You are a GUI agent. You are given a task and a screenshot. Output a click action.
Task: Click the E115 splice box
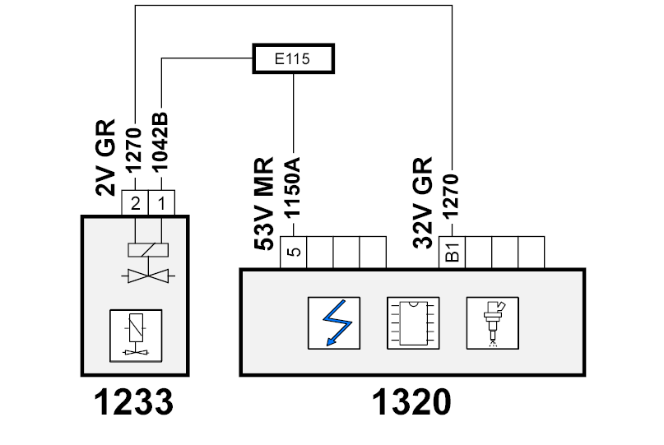293,58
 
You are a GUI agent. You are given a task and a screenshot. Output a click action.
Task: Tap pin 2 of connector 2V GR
135,203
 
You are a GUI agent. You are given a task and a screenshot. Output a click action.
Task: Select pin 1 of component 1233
161,203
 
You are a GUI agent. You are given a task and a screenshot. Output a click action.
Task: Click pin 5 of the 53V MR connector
294,252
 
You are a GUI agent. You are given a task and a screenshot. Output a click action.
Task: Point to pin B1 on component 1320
452,252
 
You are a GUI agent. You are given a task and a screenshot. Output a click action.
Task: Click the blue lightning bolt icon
334,323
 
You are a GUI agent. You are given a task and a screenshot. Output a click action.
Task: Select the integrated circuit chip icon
413,323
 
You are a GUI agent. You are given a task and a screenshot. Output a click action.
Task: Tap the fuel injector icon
493,323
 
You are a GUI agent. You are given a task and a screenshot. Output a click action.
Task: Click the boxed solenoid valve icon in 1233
136,336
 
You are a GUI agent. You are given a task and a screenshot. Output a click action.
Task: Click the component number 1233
133,402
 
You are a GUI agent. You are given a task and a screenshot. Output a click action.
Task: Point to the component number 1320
411,402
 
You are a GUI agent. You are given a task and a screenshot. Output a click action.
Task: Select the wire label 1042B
160,142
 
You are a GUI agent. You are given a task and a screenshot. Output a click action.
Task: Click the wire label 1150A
292,188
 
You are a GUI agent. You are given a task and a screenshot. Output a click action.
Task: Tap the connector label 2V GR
105,157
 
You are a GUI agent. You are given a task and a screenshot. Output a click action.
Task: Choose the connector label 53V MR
264,204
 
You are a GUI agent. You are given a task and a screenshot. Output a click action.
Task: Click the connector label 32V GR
423,203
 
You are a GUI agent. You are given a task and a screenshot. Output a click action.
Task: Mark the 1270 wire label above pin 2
134,150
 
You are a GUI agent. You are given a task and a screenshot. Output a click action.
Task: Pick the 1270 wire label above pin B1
451,197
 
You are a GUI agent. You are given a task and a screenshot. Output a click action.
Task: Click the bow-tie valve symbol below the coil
148,276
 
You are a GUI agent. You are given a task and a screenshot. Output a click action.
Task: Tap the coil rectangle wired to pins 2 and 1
148,250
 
